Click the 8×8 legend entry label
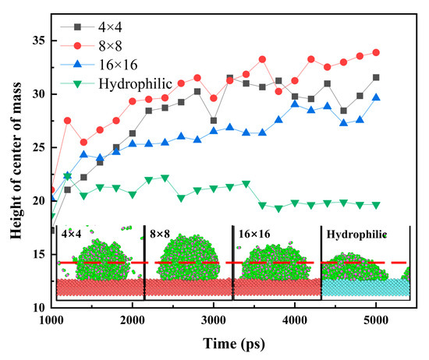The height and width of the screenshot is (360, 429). [110, 46]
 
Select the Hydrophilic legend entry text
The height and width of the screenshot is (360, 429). [136, 83]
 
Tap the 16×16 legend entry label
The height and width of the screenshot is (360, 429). [118, 65]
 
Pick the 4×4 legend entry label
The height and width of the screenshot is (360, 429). [110, 27]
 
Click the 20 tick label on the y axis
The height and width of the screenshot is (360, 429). [38, 201]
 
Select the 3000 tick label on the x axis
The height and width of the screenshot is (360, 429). [214, 320]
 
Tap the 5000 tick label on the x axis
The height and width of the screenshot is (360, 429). [376, 320]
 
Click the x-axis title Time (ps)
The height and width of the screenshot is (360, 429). [234, 344]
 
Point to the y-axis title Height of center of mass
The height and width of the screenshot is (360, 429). [16, 161]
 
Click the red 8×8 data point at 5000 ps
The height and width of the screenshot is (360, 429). [376, 52]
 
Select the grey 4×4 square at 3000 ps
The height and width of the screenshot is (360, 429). [214, 121]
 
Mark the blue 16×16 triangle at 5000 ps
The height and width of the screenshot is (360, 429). [376, 97]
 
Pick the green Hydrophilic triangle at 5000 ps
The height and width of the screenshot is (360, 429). [376, 205]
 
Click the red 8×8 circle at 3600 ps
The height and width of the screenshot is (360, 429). [262, 59]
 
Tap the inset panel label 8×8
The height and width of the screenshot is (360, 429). [160, 235]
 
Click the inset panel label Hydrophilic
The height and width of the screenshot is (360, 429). [356, 235]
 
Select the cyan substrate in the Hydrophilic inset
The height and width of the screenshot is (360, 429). [366, 288]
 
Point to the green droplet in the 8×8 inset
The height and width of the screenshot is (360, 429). [189, 257]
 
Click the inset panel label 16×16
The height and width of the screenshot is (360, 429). [254, 235]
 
